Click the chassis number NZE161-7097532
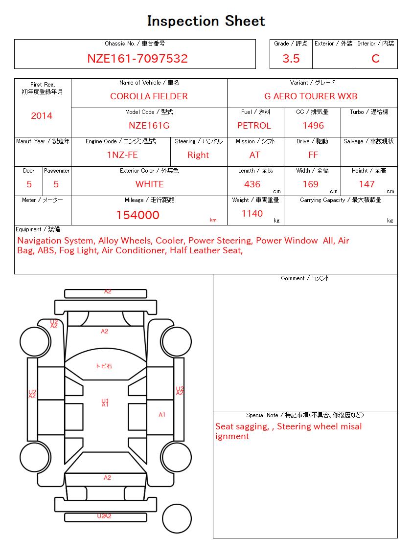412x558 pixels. tap(137, 59)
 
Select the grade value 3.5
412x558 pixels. tap(291, 59)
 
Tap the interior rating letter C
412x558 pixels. tap(375, 59)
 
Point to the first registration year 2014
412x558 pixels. tap(42, 116)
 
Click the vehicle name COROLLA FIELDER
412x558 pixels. tap(149, 96)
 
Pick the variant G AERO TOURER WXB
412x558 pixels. tap(311, 96)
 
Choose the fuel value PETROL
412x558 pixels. tap(254, 126)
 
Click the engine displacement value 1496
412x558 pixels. tap(313, 126)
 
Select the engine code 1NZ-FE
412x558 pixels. tap(122, 155)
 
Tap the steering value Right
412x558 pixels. tap(198, 155)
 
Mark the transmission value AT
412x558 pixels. tap(254, 155)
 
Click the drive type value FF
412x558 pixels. tap(313, 155)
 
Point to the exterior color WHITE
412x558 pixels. tap(149, 184)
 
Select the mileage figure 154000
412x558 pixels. tap(137, 215)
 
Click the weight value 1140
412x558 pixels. tap(252, 214)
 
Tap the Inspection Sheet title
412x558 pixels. tap(206, 21)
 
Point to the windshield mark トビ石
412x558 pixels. tap(104, 366)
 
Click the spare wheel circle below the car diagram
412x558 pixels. tap(177, 518)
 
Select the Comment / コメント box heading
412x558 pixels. tap(305, 278)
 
